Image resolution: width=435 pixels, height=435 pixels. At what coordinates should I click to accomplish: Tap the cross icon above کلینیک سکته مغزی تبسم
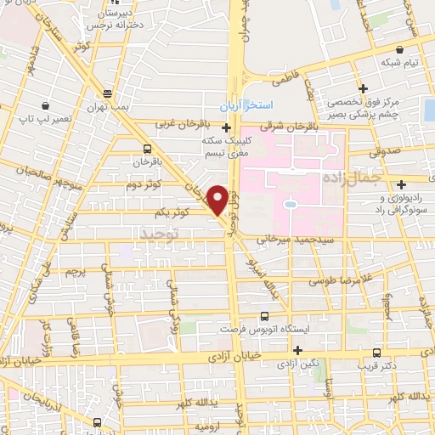[225, 128]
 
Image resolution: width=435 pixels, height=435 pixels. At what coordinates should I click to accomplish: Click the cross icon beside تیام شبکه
[363, 88]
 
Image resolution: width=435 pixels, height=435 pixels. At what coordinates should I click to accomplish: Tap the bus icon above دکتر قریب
[376, 353]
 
